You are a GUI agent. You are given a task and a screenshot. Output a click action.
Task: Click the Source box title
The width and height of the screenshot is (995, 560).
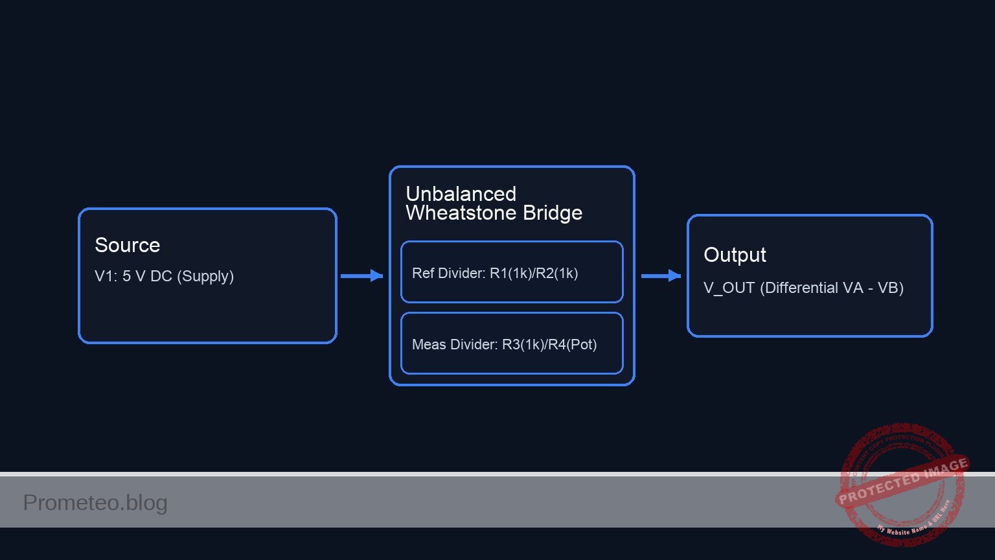pyautogui.click(x=127, y=245)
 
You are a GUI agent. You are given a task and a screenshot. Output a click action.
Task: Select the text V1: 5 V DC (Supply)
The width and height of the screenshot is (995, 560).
pyautogui.click(x=164, y=276)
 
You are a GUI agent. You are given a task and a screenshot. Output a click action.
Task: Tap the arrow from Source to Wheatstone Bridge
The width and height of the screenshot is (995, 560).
pyautogui.click(x=361, y=276)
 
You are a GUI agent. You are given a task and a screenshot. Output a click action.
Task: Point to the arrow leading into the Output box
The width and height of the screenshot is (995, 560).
pyautogui.click(x=661, y=276)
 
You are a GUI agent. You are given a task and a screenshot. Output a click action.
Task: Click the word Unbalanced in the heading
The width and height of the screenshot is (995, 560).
pyautogui.click(x=461, y=194)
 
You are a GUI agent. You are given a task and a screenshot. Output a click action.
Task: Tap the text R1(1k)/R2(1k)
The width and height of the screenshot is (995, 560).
pyautogui.click(x=534, y=273)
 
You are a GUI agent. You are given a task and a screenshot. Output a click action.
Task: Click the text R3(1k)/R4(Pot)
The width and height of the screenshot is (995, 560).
pyautogui.click(x=549, y=344)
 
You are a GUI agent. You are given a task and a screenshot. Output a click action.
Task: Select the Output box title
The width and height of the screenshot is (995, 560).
pyautogui.click(x=735, y=255)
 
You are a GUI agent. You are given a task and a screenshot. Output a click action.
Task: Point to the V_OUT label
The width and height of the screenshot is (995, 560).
pyautogui.click(x=729, y=288)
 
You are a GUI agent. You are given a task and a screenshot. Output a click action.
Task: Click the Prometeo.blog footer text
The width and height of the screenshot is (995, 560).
pyautogui.click(x=95, y=502)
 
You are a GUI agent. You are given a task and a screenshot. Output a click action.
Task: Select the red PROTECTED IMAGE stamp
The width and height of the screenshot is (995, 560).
pyautogui.click(x=902, y=483)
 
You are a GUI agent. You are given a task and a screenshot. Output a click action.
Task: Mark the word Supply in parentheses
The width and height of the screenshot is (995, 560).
pyautogui.click(x=205, y=276)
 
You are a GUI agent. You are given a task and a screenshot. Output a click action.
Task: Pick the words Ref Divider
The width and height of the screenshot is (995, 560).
pyautogui.click(x=448, y=273)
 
